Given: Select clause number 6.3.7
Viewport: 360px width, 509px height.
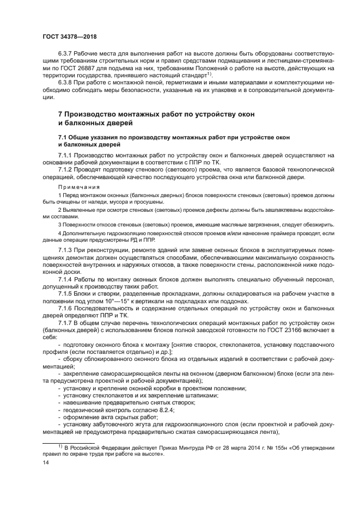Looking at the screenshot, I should tap(66, 56).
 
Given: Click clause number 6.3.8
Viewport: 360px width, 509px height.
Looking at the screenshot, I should tap(66, 83).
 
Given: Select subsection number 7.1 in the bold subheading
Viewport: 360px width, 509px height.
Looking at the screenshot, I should tap(63, 134).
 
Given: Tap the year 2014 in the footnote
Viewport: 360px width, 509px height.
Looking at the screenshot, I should tap(225, 447).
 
